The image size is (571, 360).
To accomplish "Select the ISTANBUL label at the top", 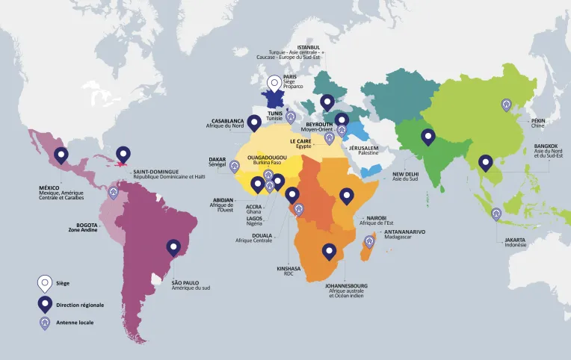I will [308, 46].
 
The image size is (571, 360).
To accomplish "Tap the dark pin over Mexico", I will [61, 155].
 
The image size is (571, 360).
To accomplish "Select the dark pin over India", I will [428, 137].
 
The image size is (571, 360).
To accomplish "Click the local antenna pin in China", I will [507, 107].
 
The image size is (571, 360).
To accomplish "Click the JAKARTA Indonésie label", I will [514, 242].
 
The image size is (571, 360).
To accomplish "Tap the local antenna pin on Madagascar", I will [368, 241].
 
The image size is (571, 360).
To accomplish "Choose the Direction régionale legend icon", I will [46, 303].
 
